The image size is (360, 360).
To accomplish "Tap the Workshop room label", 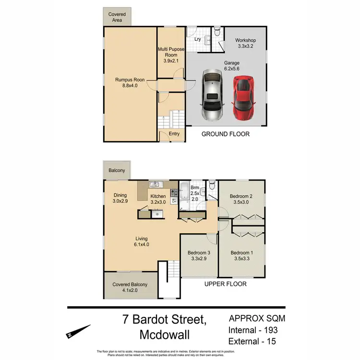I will point(245,43).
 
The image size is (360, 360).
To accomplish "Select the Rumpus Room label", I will point(130,84).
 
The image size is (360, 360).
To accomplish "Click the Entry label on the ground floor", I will point(174,133).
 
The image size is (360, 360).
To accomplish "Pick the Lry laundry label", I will point(197,39).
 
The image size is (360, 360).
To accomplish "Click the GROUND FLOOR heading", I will point(225,134).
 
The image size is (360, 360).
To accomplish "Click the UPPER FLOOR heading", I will point(225,284).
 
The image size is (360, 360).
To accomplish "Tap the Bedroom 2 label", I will point(240,199).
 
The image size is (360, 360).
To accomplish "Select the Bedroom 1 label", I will point(241,256).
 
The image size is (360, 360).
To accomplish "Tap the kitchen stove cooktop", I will point(174,194).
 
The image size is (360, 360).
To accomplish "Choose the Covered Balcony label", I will point(130,287).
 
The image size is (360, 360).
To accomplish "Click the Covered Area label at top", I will point(117,17).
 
